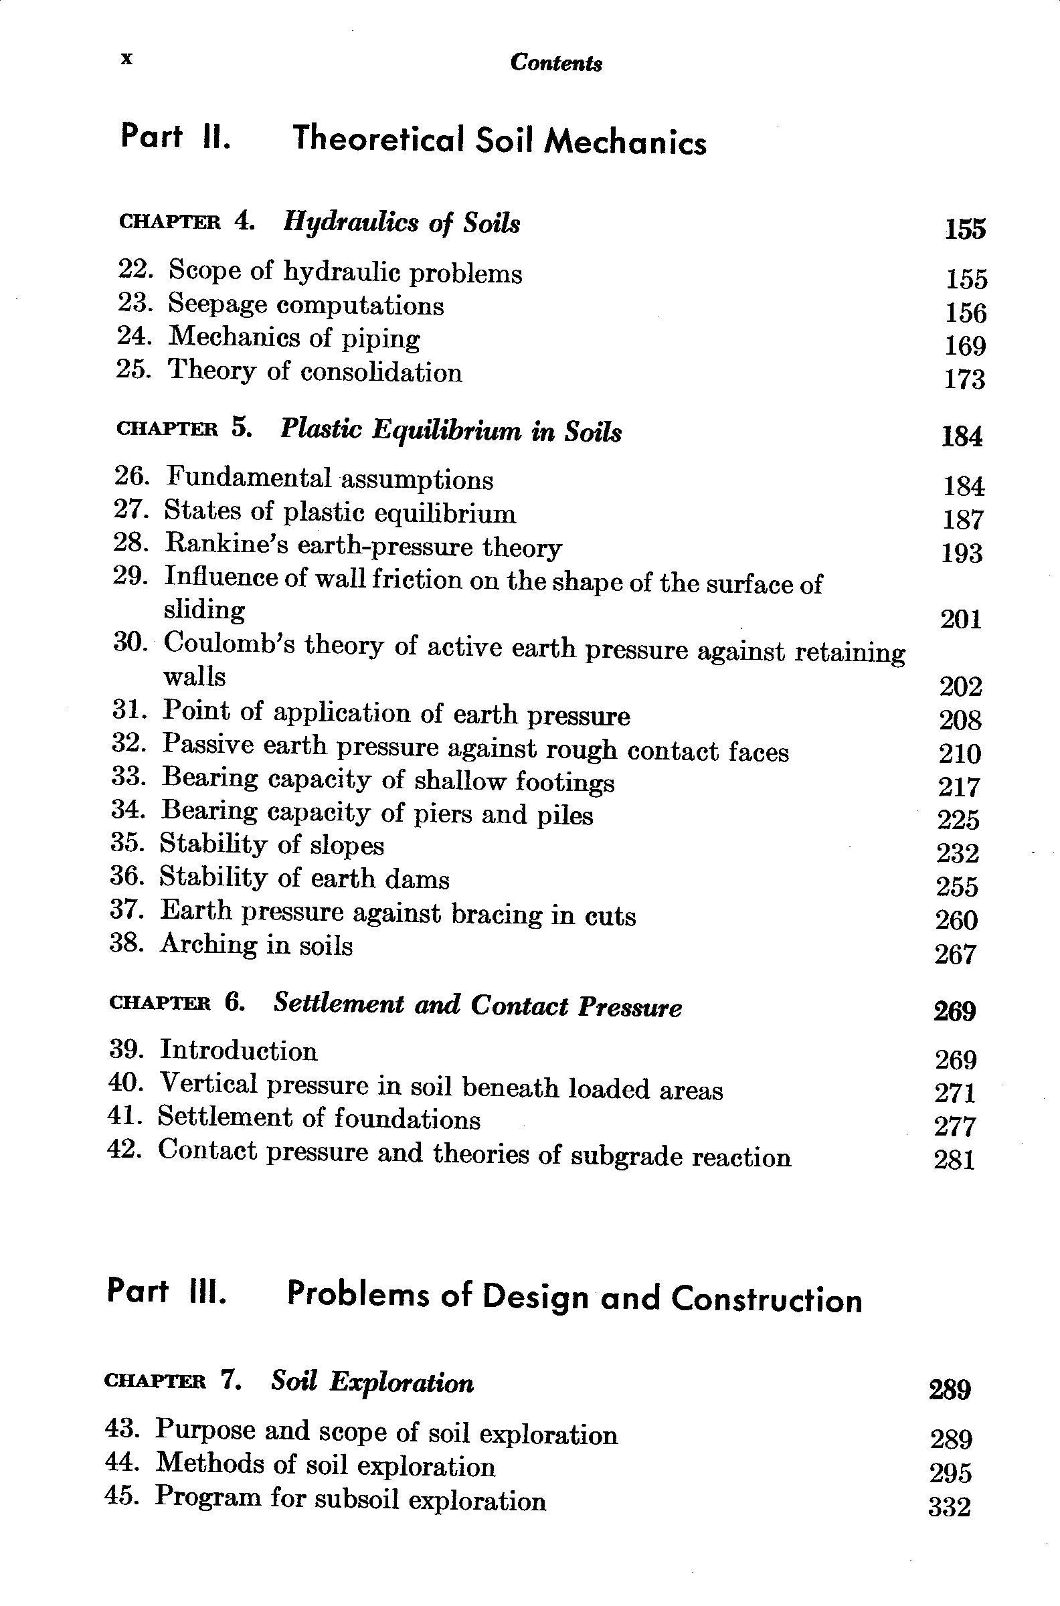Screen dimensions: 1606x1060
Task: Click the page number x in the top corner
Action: click(126, 60)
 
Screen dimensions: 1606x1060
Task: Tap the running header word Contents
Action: click(555, 63)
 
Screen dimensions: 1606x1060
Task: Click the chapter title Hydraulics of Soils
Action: click(402, 223)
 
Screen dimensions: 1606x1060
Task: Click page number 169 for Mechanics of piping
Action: click(965, 346)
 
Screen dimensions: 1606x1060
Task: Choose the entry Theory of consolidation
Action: click(315, 371)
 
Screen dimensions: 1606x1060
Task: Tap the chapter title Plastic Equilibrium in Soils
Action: click(450, 431)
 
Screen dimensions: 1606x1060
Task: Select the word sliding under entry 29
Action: click(204, 610)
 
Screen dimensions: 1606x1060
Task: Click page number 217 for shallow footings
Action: click(958, 787)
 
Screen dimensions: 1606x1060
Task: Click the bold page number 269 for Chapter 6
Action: click(954, 1011)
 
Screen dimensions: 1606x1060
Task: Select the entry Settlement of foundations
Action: click(319, 1119)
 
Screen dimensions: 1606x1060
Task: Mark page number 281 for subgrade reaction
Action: click(954, 1160)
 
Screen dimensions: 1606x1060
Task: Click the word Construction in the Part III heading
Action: click(767, 1298)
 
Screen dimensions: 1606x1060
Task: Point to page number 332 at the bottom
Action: click(950, 1507)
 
